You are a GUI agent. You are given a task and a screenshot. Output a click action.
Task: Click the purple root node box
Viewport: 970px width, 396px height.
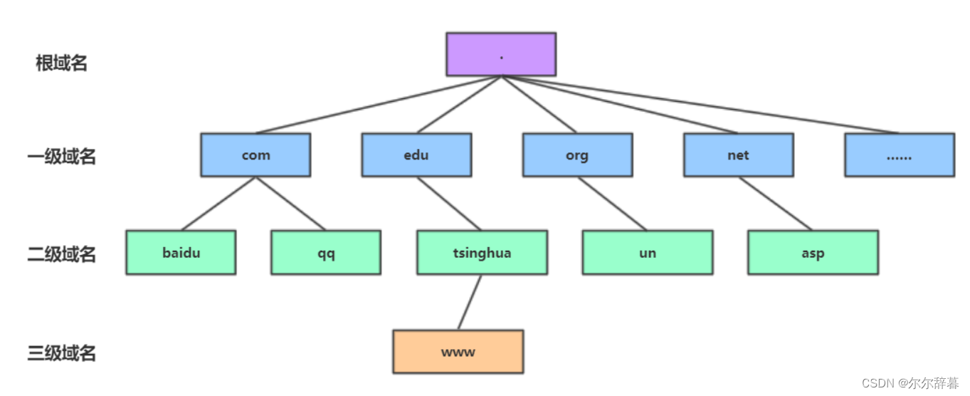pyautogui.click(x=501, y=54)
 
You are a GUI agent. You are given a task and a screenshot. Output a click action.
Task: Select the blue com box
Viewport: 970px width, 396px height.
pyautogui.click(x=255, y=155)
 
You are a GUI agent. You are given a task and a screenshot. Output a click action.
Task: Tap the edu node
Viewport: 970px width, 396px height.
pyautogui.click(x=416, y=155)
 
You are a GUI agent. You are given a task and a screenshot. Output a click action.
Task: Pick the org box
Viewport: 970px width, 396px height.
pyautogui.click(x=577, y=155)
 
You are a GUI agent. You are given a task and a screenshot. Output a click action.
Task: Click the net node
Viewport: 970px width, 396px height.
pyautogui.click(x=738, y=155)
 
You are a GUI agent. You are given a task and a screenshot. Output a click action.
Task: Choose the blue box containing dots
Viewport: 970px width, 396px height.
pyautogui.click(x=900, y=155)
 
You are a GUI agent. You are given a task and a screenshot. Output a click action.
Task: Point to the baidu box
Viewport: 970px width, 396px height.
pyautogui.click(x=181, y=252)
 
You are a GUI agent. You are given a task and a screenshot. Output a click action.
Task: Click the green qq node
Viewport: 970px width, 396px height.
pyautogui.click(x=326, y=252)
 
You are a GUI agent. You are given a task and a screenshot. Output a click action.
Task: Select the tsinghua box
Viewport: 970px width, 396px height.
pyautogui.click(x=482, y=252)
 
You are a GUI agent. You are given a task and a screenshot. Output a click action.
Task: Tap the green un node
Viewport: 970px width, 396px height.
pyautogui.click(x=648, y=252)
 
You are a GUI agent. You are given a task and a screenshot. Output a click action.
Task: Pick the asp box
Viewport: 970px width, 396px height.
pyautogui.click(x=813, y=252)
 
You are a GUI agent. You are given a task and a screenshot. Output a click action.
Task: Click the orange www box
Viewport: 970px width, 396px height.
pyautogui.click(x=458, y=351)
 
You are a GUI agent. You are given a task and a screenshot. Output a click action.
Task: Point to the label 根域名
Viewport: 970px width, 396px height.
pyautogui.click(x=62, y=63)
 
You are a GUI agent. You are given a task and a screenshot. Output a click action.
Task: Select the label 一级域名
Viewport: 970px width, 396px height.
pyautogui.click(x=62, y=156)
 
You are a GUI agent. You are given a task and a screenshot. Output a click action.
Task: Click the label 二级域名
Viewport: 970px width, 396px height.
pyautogui.click(x=62, y=254)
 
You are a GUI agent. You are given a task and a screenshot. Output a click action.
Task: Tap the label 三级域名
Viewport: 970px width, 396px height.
pyautogui.click(x=62, y=353)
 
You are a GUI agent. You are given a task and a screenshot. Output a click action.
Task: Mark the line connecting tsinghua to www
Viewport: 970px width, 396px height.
pyautogui.click(x=470, y=302)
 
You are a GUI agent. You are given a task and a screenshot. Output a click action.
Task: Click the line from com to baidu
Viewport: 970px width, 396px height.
pyautogui.click(x=218, y=203)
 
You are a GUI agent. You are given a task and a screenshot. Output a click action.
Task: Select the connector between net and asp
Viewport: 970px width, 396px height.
pyautogui.click(x=775, y=203)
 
